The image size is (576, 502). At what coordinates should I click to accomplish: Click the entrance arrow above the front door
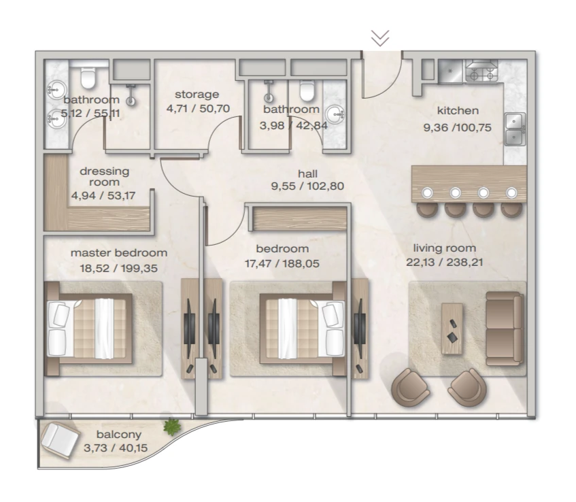click(x=380, y=38)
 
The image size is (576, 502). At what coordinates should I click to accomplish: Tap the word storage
click(x=197, y=95)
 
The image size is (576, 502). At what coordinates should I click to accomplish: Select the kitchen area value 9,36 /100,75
click(x=458, y=127)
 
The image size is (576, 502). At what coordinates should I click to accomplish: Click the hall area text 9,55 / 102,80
click(x=307, y=186)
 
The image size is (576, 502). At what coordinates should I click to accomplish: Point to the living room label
click(x=445, y=248)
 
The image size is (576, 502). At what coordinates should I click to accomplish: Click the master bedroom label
click(x=119, y=253)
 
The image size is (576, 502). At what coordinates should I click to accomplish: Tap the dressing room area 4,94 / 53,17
click(x=103, y=195)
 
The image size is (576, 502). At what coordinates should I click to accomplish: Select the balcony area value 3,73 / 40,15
click(x=116, y=448)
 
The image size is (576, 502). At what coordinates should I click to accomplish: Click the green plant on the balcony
click(x=172, y=427)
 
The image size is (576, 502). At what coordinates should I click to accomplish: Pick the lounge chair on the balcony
click(x=60, y=441)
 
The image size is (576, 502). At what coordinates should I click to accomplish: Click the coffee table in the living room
click(x=452, y=329)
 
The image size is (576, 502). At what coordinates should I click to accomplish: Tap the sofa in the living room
click(x=505, y=329)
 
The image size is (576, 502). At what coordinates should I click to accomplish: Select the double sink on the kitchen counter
click(x=515, y=129)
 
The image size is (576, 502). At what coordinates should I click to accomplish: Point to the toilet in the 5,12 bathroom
click(x=88, y=77)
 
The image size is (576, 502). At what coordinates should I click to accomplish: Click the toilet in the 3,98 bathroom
click(x=307, y=90)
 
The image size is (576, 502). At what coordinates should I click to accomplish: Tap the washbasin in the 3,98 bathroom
click(x=335, y=115)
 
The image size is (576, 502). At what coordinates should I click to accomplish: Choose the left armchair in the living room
click(x=410, y=388)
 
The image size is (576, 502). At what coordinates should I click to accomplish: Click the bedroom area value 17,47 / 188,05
click(x=282, y=263)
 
